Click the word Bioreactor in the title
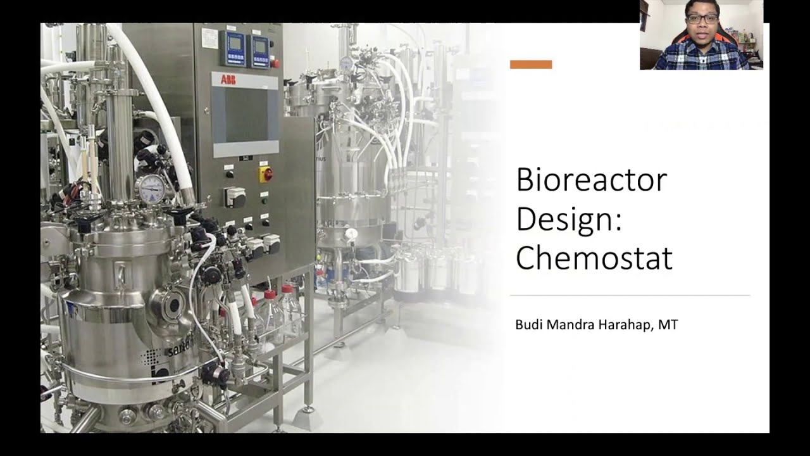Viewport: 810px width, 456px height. coord(591,180)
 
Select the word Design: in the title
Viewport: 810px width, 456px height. coord(568,218)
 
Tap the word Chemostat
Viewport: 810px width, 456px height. coord(594,258)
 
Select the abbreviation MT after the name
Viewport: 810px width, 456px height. coord(668,325)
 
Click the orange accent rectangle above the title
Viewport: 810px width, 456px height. coord(531,65)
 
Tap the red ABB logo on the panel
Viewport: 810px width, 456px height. coord(228,79)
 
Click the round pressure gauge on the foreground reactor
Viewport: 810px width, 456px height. coord(151,188)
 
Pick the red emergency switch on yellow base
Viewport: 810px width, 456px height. coord(266,174)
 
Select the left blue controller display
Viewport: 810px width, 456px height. coord(235,47)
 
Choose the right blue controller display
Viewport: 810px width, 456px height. coord(260,48)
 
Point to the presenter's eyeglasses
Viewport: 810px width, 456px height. coord(702,19)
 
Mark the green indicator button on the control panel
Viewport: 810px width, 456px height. coord(265,201)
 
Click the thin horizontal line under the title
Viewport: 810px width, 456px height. coord(630,295)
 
